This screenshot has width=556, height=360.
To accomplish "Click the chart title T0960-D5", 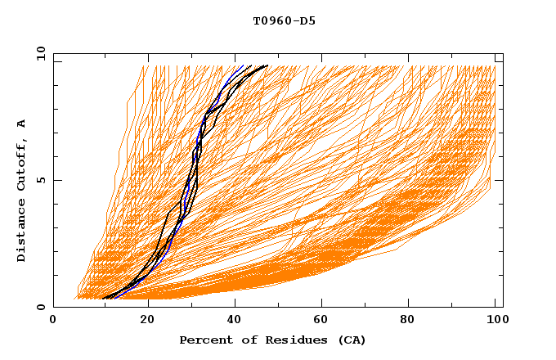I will (284, 21).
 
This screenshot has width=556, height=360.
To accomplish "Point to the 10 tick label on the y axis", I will (38, 53).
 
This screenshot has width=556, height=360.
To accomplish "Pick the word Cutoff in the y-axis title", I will (22, 165).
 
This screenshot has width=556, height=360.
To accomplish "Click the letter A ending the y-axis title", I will (22, 123).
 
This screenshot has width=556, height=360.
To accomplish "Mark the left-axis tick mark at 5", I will (56, 181).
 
